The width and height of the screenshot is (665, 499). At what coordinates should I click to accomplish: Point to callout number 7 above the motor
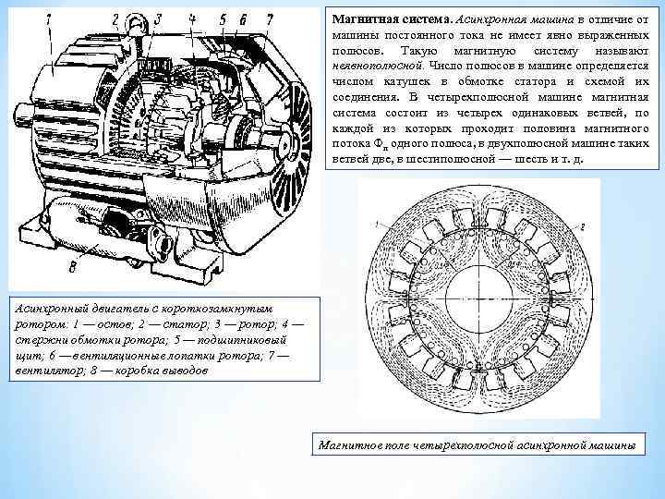269,18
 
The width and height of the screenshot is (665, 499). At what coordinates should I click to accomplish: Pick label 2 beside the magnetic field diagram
584,227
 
